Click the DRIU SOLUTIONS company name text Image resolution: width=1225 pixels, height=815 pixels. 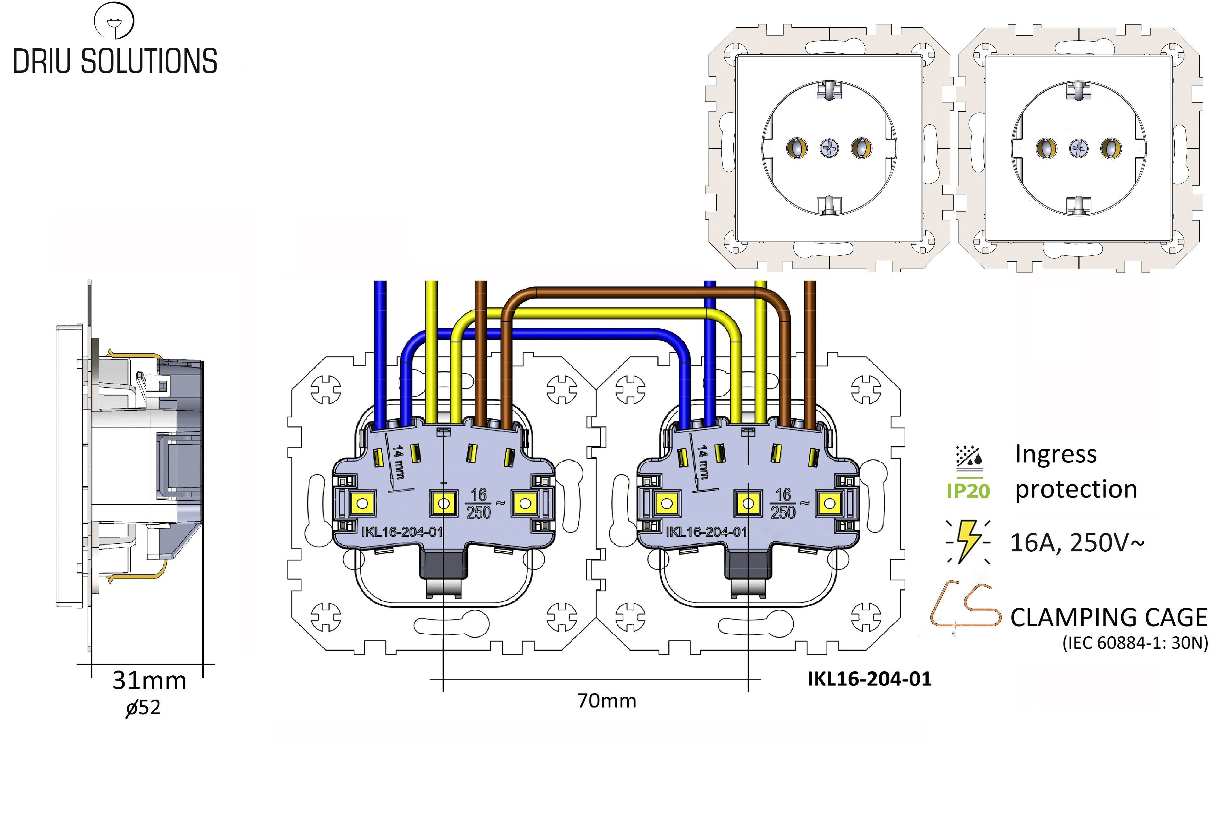[115, 61]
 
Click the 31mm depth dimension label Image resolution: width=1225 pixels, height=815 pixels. [149, 680]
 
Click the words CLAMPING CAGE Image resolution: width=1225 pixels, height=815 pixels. [1109, 618]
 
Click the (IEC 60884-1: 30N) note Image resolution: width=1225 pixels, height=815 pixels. [1135, 643]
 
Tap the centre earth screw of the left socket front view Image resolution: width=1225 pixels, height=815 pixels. [829, 149]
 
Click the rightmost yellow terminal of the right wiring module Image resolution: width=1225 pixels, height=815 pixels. [830, 503]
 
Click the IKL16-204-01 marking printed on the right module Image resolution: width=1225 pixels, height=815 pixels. [706, 531]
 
